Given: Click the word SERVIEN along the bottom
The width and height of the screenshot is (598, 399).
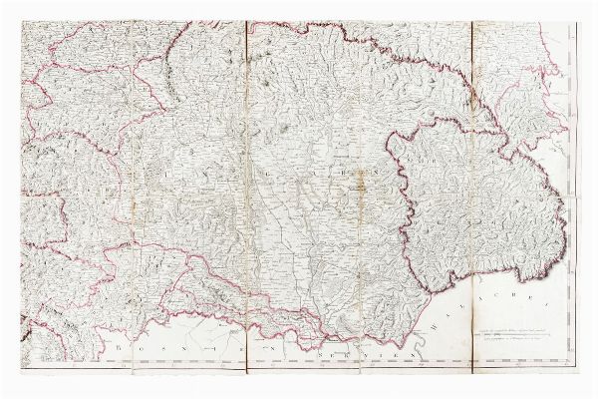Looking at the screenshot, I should tap(363, 353).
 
